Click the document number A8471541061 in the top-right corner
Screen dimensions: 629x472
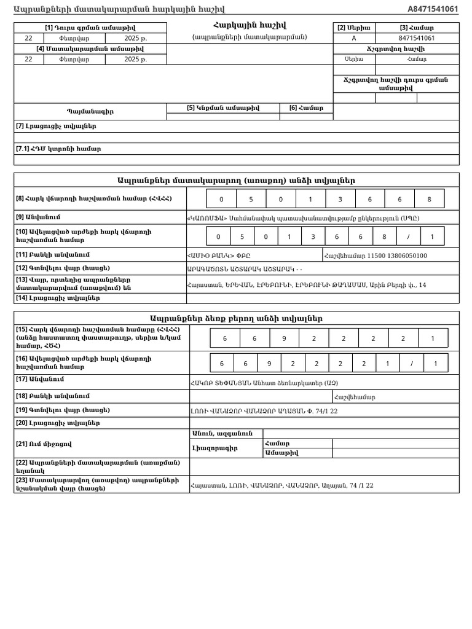tap(433, 9)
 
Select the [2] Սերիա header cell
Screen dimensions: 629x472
tap(354, 28)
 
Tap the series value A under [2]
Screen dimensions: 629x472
tap(354, 38)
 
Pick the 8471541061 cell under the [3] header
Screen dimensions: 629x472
tap(417, 38)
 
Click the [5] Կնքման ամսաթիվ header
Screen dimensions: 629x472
tap(223, 108)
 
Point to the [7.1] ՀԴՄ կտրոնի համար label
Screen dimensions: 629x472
tap(58, 149)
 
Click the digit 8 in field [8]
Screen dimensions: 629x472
tap(429, 199)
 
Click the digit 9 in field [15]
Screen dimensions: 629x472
tap(284, 338)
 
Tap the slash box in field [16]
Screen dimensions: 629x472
tap(411, 364)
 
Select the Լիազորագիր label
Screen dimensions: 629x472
tap(214, 448)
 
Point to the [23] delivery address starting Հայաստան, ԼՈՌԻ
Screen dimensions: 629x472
tap(281, 485)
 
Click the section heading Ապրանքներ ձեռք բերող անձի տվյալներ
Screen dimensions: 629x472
tap(236, 318)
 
